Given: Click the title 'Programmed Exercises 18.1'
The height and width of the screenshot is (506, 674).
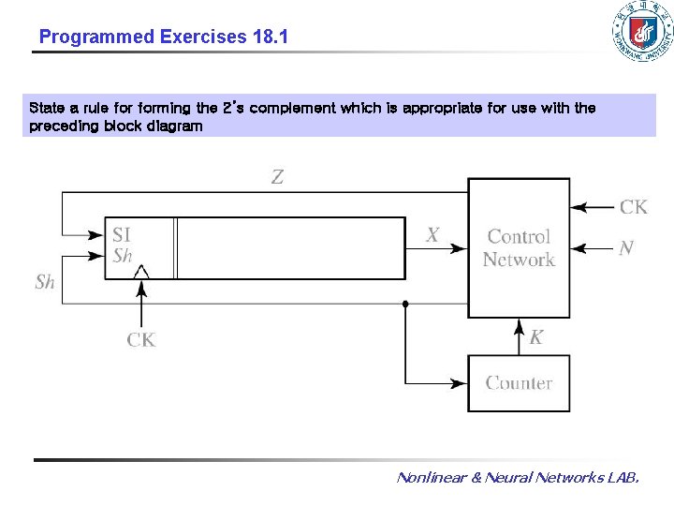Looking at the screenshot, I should (x=164, y=37).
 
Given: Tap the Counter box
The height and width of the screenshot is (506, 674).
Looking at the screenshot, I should (x=519, y=383).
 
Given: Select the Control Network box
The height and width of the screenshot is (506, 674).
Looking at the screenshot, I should (x=519, y=248).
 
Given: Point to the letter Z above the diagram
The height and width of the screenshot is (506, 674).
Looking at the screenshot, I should (x=277, y=177).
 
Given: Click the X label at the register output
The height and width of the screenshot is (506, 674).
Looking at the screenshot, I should (x=432, y=235).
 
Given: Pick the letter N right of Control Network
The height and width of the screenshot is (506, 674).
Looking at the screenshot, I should (x=626, y=248).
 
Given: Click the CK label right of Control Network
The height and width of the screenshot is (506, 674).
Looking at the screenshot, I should (x=633, y=206).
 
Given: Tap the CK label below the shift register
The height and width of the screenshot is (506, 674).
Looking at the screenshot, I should (x=141, y=340).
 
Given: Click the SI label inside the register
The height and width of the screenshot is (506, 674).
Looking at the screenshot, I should (x=122, y=235).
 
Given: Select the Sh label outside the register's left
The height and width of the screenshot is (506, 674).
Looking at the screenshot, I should (x=45, y=281).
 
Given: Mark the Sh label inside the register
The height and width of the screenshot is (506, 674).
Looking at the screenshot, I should (x=123, y=256).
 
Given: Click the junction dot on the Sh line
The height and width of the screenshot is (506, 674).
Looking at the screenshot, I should (x=405, y=304).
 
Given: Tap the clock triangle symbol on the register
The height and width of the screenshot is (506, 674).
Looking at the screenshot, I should (x=141, y=272).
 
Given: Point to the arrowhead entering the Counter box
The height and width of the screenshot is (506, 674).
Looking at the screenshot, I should (x=459, y=383).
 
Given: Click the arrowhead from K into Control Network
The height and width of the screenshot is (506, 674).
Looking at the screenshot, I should (x=519, y=325).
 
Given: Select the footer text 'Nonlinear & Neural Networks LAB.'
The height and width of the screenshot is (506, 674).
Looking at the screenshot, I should (x=518, y=478).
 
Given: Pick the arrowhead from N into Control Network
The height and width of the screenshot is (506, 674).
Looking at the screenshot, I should (x=579, y=248).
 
